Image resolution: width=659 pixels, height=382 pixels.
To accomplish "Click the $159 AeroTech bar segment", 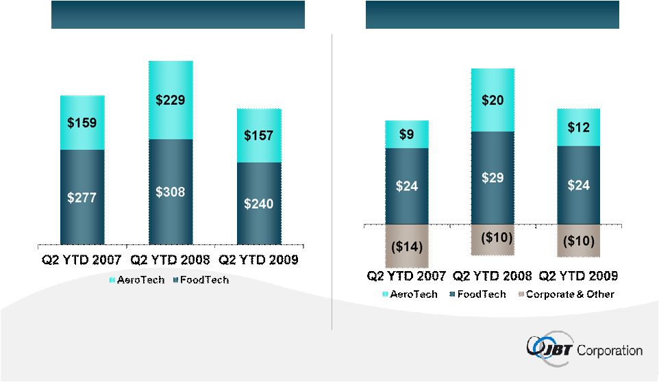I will point(82,123).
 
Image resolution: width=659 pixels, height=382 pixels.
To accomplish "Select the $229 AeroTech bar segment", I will point(171,100).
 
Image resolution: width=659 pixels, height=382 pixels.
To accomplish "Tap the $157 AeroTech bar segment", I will point(259,136).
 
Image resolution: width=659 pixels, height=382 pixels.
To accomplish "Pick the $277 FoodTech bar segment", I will point(82,196).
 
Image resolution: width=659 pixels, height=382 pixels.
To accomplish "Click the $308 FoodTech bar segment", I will point(171,191).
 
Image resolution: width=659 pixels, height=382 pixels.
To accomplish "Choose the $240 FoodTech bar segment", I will point(259,203).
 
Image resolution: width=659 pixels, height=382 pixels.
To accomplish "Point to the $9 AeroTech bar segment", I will point(406,134).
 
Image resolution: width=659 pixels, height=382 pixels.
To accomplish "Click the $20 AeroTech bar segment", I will point(492,100).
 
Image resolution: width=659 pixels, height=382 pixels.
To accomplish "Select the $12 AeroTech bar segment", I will point(578,127).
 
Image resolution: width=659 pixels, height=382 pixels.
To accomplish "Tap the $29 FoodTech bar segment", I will point(492,177).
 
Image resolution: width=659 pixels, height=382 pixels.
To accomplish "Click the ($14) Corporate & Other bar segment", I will point(406,245).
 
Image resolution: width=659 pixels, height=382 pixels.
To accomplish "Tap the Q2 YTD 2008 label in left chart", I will point(171,261).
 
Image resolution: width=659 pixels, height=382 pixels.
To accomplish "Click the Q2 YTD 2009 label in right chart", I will point(578,276).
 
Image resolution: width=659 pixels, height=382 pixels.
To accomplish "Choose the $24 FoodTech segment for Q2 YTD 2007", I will point(406,186).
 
